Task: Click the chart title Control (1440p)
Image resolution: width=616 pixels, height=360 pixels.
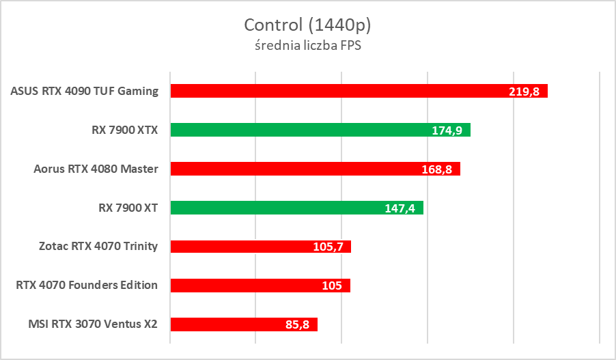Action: tap(307, 25)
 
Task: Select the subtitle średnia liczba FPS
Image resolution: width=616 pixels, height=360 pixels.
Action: tap(307, 46)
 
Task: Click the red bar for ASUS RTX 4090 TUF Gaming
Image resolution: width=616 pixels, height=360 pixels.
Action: tap(359, 91)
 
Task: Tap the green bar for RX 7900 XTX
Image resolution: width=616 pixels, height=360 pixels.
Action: tap(320, 130)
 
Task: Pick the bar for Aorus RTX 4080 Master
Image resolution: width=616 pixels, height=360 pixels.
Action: tap(315, 169)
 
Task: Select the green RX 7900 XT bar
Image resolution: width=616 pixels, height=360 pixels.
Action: tap(296, 208)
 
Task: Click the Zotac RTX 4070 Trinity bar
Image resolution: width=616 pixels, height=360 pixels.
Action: tap(260, 247)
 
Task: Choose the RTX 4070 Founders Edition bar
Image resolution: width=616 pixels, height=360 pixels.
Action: tap(260, 286)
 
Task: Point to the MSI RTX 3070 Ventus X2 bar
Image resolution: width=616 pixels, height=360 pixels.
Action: tap(244, 324)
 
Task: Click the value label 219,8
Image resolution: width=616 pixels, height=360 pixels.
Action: tap(524, 92)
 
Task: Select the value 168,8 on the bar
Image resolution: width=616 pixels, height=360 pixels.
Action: tap(437, 169)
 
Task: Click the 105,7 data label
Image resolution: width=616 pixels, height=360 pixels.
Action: tap(328, 247)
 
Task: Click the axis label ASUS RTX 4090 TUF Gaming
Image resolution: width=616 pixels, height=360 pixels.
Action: tap(85, 91)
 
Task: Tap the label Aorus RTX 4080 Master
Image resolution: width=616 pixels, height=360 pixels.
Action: tap(96, 169)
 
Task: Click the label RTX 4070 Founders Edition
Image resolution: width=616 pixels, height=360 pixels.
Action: tap(87, 286)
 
